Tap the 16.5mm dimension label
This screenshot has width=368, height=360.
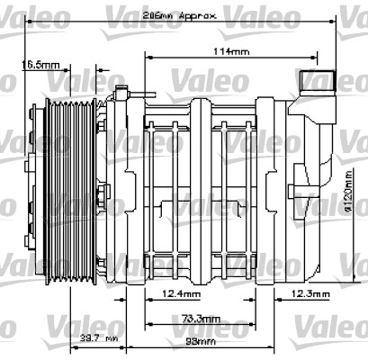coord(40,65)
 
